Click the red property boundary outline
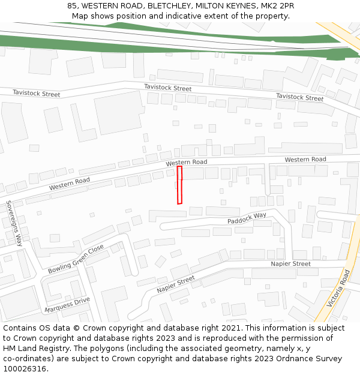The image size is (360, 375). (179, 185)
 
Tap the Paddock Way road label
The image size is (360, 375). (247, 218)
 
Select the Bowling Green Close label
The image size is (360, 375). (76, 259)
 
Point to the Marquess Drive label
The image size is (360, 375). (67, 305)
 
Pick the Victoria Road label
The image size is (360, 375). (338, 289)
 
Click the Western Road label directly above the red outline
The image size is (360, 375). (187, 163)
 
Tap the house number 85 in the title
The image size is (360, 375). (73, 5)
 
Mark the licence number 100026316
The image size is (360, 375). (25, 369)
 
